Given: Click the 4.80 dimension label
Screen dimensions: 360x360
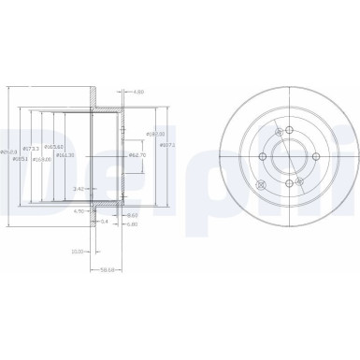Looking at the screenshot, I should [138, 93].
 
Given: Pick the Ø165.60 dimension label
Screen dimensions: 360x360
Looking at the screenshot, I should [56, 149].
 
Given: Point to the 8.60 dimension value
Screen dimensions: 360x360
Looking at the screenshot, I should [132, 216].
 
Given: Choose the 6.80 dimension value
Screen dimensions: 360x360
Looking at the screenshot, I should [132, 224].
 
